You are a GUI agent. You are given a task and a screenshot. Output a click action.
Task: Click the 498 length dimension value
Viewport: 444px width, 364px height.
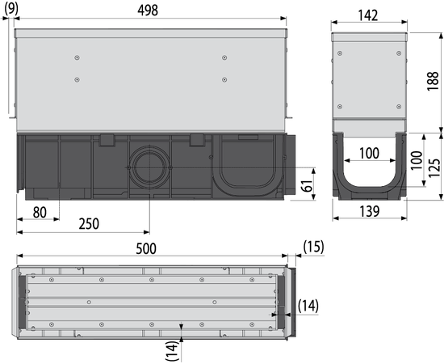click(148, 11)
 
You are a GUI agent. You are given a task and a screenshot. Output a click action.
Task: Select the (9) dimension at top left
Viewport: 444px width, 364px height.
click(11, 9)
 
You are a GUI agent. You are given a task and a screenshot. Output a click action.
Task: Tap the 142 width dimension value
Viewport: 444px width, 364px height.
click(368, 15)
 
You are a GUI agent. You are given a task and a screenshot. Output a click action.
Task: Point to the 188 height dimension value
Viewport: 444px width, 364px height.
click(433, 81)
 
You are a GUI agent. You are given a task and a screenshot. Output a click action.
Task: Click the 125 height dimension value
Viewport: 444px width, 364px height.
click(434, 168)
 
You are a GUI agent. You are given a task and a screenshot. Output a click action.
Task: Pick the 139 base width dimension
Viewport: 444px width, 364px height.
click(370, 211)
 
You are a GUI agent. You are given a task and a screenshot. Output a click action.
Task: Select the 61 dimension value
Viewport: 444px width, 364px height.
click(308, 185)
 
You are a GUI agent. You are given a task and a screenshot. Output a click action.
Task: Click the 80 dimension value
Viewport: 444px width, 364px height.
click(40, 212)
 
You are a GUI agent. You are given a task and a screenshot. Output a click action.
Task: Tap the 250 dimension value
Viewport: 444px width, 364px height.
click(89, 224)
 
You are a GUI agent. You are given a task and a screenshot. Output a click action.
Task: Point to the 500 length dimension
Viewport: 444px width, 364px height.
click(146, 249)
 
